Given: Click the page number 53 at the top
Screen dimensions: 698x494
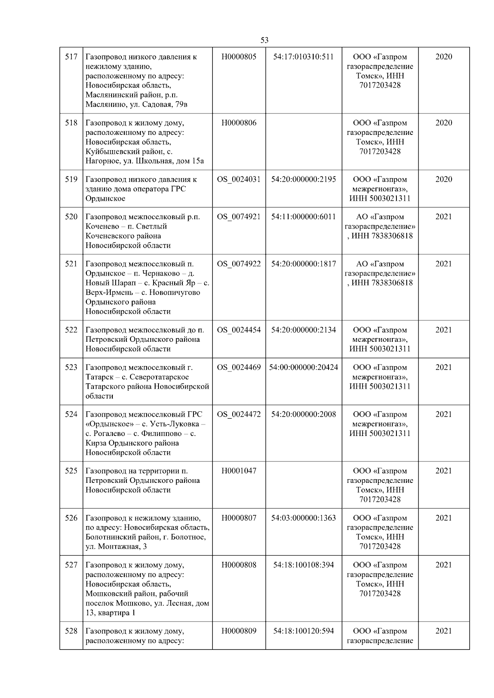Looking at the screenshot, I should [265, 40].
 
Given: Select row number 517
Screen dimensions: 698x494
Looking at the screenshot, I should [71, 57].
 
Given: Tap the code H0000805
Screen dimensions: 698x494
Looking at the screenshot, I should [239, 57].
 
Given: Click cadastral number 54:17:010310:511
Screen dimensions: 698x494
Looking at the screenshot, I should [303, 57].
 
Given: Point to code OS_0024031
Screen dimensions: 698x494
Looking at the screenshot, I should [239, 179].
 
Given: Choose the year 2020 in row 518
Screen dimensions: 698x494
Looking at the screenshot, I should [443, 123].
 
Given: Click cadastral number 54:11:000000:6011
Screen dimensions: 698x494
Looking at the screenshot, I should [303, 217].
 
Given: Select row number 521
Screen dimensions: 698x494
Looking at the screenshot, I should [71, 264].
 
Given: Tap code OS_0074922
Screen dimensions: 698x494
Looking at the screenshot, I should [239, 264].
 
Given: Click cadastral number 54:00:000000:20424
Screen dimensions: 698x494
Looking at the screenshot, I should [303, 367].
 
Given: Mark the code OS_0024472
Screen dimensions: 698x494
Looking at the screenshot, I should [239, 414].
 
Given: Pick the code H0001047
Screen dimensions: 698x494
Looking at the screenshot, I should [239, 471].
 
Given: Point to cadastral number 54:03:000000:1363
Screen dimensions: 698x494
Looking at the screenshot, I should [303, 518].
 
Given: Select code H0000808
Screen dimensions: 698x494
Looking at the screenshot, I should [239, 565].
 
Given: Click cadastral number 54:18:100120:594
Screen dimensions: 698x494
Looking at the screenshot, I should [303, 631].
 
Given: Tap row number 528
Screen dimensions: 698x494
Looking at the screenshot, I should [71, 631].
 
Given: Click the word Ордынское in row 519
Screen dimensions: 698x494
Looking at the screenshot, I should [105, 199].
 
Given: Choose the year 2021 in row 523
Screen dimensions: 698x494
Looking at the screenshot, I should [443, 367].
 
